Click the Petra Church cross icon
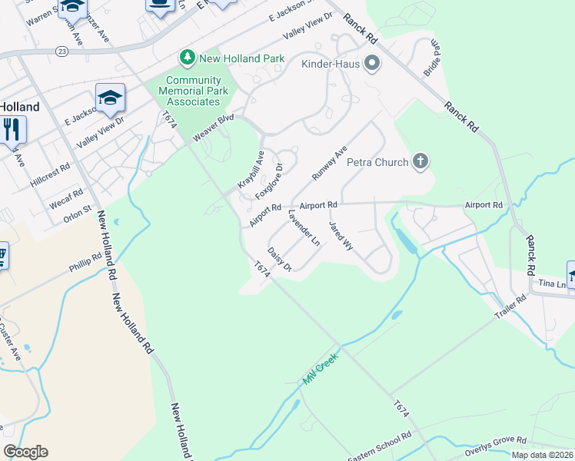[420, 161]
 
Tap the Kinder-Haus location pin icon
[372, 63]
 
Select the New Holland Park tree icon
[186, 58]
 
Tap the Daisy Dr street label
[280, 259]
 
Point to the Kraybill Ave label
[251, 171]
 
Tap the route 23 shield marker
[62, 51]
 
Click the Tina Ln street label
[553, 284]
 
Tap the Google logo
[25, 452]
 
